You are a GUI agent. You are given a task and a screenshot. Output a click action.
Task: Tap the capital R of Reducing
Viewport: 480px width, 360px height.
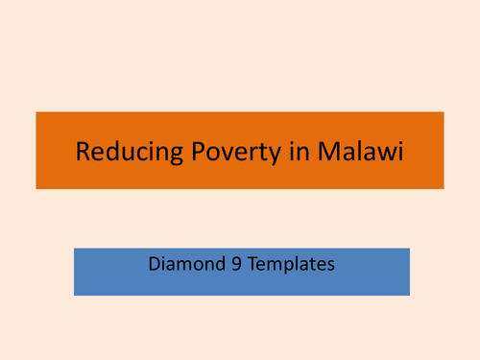82,152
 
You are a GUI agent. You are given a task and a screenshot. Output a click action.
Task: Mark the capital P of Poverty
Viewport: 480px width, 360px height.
177,152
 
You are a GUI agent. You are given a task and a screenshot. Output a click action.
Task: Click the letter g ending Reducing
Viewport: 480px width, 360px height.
156,155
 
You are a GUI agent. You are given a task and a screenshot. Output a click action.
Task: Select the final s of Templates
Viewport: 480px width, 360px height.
330,263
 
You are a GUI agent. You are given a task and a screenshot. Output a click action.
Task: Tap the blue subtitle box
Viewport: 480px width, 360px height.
240,284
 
